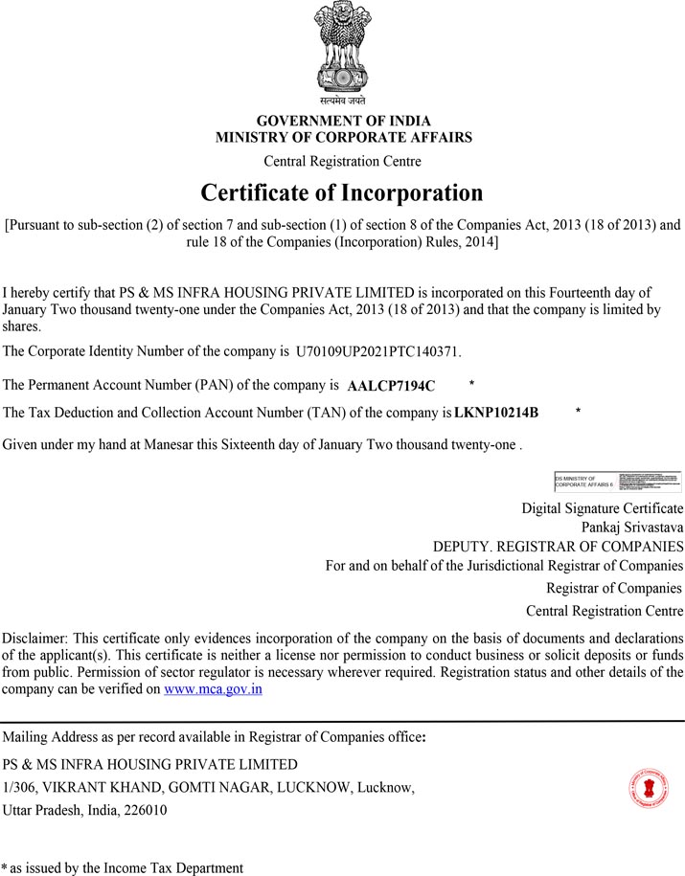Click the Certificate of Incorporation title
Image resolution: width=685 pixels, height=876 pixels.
(x=342, y=192)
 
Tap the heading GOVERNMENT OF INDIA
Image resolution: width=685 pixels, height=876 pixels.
(x=343, y=122)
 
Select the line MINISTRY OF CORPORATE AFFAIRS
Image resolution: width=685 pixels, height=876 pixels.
(x=343, y=138)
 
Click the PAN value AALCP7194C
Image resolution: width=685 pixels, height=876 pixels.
(x=391, y=386)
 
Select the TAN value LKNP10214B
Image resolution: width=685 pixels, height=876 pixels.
(x=496, y=413)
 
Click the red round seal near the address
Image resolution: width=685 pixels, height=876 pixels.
(x=649, y=788)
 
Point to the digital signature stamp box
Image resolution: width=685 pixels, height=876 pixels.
(x=618, y=482)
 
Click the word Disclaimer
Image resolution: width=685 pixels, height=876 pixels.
(x=34, y=638)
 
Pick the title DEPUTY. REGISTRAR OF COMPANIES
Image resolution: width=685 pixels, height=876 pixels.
(x=558, y=547)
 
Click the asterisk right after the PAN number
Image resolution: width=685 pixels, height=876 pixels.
(x=471, y=385)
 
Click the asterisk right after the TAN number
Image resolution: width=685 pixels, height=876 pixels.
(x=578, y=412)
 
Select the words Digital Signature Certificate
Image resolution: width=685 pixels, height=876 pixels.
(x=602, y=507)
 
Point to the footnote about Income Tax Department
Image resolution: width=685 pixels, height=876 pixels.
(x=123, y=867)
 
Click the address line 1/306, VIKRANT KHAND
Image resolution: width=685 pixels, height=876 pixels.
(x=209, y=787)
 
